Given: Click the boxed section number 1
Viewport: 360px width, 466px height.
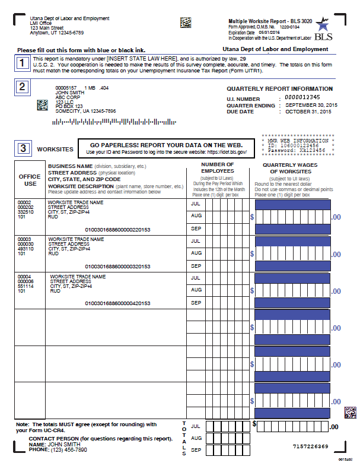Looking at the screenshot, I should click(x=21, y=62).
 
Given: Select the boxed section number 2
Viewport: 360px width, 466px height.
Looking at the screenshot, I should click(x=21, y=87).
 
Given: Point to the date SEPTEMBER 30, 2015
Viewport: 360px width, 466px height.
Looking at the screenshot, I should click(x=311, y=104).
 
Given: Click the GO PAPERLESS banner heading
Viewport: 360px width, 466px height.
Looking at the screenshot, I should click(x=166, y=145).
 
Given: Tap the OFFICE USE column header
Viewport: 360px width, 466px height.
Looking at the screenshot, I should click(x=30, y=179).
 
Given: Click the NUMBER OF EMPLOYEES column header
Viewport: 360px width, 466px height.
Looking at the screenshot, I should click(x=218, y=168).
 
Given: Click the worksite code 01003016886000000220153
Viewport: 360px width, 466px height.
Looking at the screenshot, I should click(x=118, y=230).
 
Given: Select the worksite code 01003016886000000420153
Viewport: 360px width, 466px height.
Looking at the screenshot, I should click(x=118, y=303).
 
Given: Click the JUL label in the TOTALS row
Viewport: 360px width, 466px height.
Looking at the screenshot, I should click(x=196, y=426).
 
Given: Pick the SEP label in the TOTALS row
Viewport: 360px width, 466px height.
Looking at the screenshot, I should click(x=196, y=450).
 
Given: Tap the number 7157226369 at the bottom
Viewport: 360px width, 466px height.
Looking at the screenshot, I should click(x=311, y=446).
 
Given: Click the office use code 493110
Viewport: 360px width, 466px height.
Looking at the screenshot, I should click(x=26, y=249).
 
